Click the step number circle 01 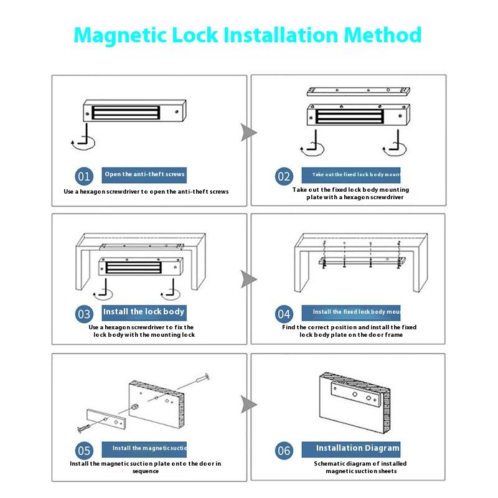(84, 176)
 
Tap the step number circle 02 (284, 176)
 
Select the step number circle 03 (84, 314)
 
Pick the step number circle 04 (284, 314)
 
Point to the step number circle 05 (84, 450)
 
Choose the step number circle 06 (284, 450)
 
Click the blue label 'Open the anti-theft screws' (144, 175)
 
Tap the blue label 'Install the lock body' (144, 312)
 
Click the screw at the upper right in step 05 (199, 380)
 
